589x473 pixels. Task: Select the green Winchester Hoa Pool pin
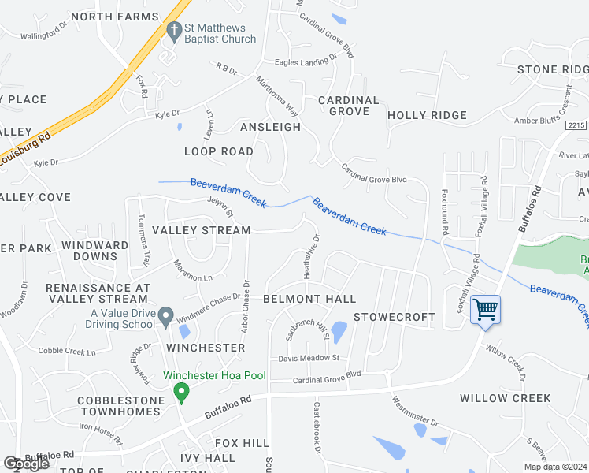pyautogui.click(x=181, y=391)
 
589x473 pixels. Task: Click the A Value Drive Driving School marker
pyautogui.click(x=165, y=317)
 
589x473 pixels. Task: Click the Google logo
pyautogui.click(x=26, y=464)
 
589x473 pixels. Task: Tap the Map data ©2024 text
pyautogui.click(x=555, y=467)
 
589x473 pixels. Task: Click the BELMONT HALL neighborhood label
pyautogui.click(x=309, y=299)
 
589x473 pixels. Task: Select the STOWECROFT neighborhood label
pyautogui.click(x=394, y=317)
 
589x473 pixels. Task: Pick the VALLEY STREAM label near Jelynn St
pyautogui.click(x=201, y=230)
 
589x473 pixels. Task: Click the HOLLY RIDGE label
pyautogui.click(x=428, y=115)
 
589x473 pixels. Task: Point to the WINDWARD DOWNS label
pyautogui.click(x=95, y=251)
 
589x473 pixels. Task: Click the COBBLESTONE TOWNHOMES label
pyautogui.click(x=120, y=407)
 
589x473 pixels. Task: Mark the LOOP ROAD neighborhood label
pyautogui.click(x=219, y=151)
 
